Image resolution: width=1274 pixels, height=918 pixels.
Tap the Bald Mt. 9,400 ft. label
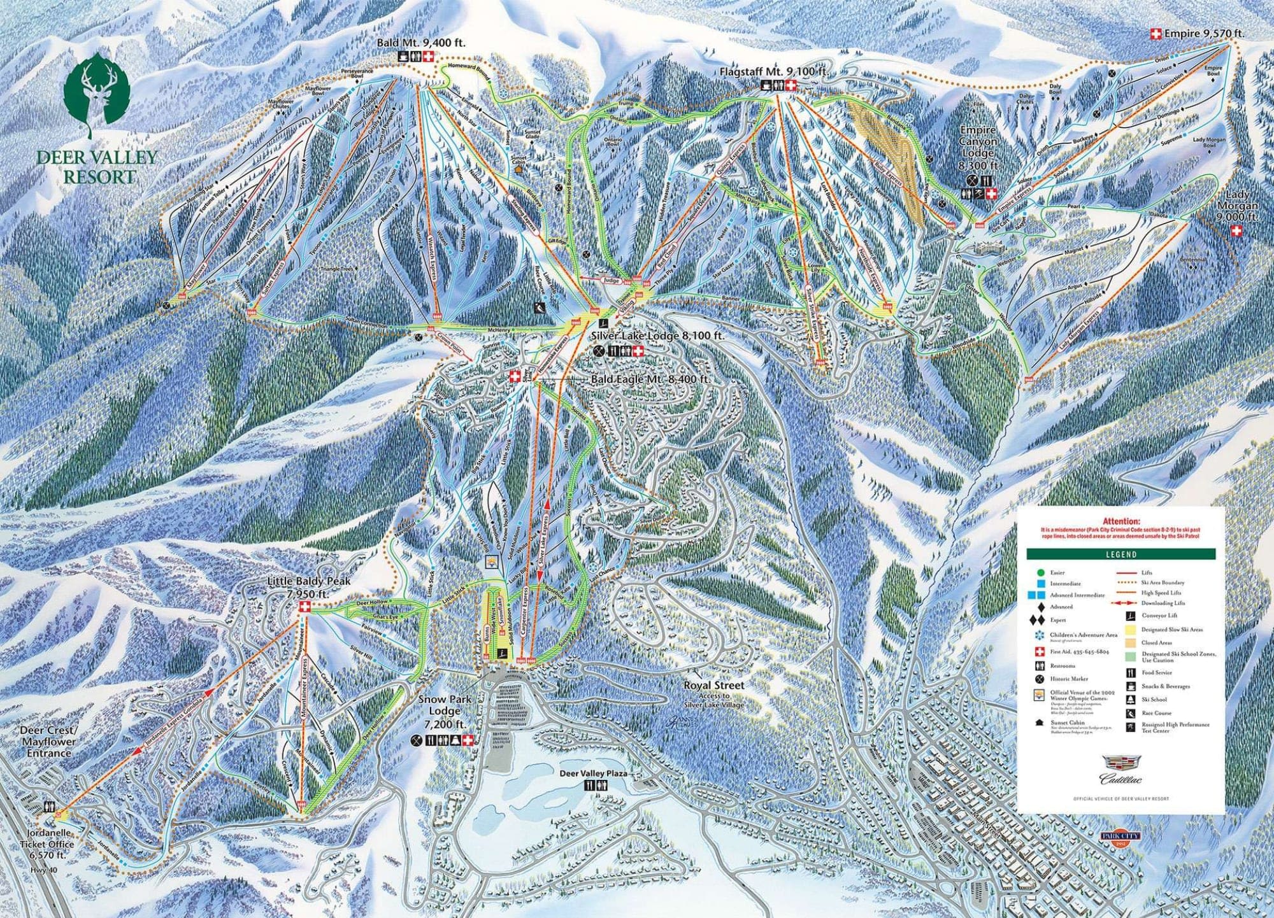click(421, 43)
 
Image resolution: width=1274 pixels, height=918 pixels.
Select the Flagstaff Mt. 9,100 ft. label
click(774, 72)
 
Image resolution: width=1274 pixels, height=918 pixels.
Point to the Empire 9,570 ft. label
click(1204, 33)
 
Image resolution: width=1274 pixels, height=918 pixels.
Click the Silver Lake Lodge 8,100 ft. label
click(657, 335)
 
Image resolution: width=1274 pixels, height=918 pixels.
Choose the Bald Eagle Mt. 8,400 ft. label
click(650, 379)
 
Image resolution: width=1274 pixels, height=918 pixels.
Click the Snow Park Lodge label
click(445, 712)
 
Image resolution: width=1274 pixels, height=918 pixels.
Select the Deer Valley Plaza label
click(594, 773)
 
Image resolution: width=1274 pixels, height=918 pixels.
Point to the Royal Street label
click(713, 686)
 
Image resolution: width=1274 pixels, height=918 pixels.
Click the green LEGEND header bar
click(1120, 554)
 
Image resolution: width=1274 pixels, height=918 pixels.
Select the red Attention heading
click(1120, 521)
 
